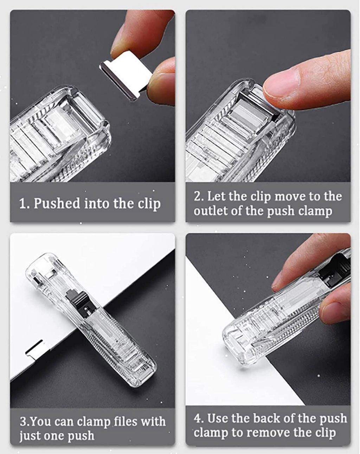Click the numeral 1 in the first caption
23,204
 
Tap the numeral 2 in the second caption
198,196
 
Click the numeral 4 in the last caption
198,418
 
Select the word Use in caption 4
217,418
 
